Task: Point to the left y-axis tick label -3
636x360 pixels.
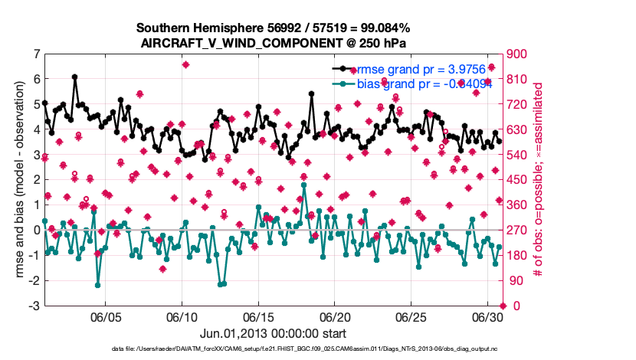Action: [34, 306]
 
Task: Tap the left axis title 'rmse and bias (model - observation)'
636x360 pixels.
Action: [19, 180]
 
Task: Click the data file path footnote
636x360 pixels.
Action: [274, 349]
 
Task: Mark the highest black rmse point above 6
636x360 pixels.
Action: [74, 77]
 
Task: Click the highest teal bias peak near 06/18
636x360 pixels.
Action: [304, 185]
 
